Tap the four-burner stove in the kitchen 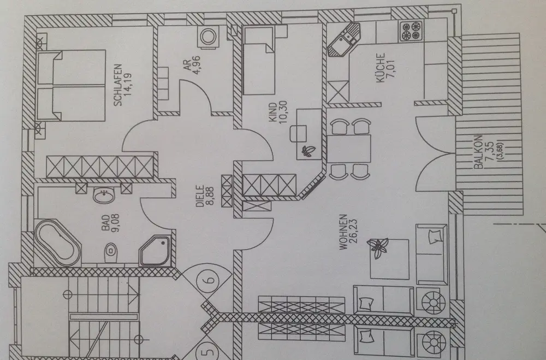point(410,31)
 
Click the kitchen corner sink point(343,39)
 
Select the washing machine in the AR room point(208,37)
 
